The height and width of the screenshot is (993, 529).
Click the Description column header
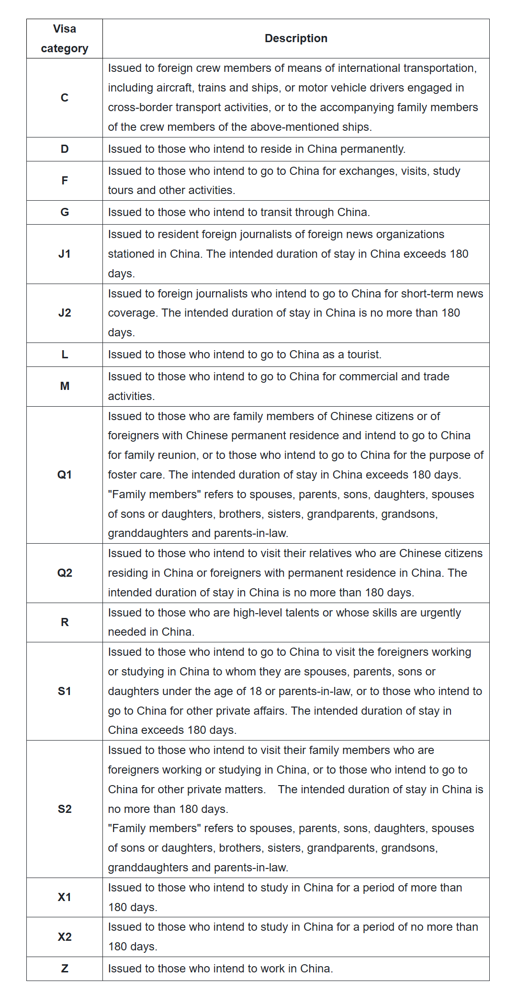[296, 38]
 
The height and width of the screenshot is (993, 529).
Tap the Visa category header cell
[65, 39]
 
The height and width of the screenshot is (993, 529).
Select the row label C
[65, 98]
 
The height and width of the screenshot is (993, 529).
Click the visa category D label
[65, 149]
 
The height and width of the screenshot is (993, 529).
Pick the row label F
[65, 181]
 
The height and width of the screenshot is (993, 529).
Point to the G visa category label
[65, 212]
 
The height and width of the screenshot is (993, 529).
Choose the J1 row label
[65, 254]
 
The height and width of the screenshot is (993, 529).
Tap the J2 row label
[65, 313]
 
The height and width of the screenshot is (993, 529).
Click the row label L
[65, 354]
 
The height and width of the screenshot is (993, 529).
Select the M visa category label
[65, 386]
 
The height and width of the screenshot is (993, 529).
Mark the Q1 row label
[65, 475]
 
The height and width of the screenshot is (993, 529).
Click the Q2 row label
[65, 573]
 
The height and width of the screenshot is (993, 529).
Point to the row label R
[65, 622]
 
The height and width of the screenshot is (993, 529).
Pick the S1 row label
[65, 691]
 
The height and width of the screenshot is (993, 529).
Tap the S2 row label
[65, 809]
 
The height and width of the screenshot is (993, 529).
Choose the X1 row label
[65, 897]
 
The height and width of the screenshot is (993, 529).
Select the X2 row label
[65, 936]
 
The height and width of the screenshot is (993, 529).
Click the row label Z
[65, 969]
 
